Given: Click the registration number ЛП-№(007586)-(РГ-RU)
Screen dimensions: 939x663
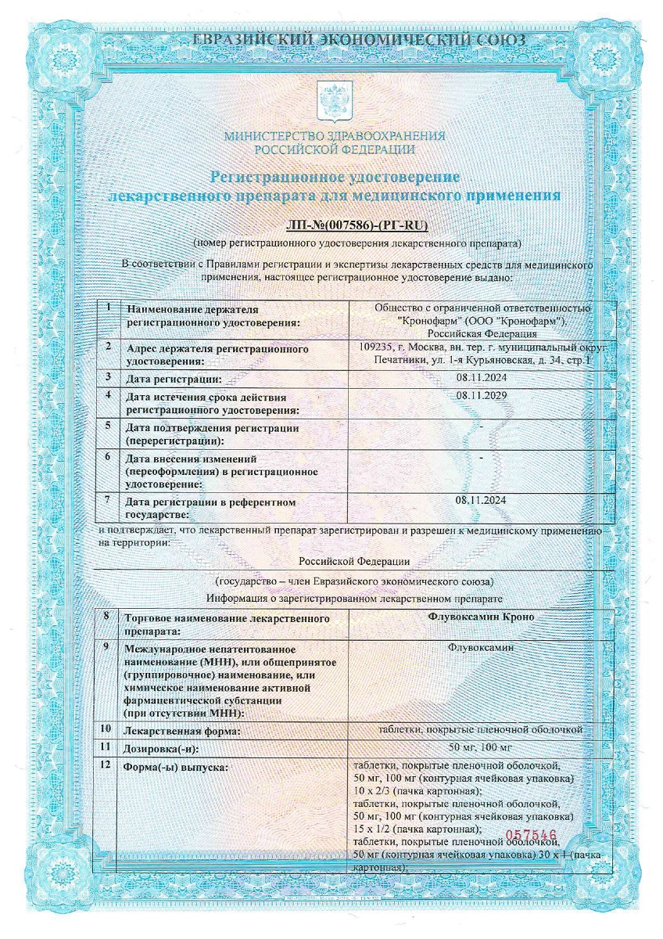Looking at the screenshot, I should [335, 227].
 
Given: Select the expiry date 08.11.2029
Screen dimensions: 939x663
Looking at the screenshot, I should [481, 395].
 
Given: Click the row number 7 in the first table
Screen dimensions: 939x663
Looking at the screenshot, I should [107, 498].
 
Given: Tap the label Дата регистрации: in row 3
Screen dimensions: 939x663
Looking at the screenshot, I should [174, 379].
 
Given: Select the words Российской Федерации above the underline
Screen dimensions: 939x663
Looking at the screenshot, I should [354, 561].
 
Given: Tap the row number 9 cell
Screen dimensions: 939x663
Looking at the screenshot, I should [106, 648].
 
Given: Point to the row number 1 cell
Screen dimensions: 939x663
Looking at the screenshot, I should [107, 307].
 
